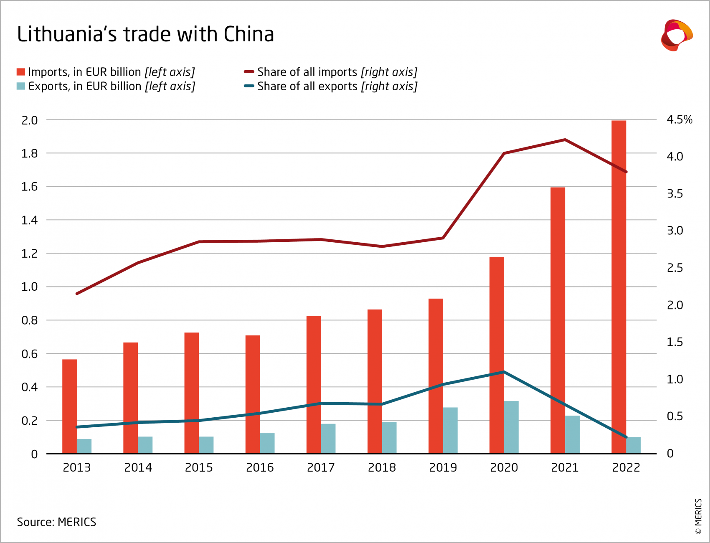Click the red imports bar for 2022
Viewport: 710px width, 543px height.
tap(619, 288)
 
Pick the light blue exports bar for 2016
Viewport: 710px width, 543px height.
tap(267, 443)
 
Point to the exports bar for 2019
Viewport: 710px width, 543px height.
tap(450, 430)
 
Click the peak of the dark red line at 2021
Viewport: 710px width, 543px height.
tap(565, 140)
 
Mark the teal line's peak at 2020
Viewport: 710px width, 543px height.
tap(504, 371)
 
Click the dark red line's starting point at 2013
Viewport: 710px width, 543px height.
tap(77, 294)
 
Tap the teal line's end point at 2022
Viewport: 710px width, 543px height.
tap(626, 437)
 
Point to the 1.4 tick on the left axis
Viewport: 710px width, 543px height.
tap(29, 220)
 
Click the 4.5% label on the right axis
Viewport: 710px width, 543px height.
tap(679, 120)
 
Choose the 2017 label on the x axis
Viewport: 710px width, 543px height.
tap(321, 467)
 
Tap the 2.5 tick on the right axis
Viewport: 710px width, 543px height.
tap(674, 268)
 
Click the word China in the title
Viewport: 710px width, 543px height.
tap(248, 34)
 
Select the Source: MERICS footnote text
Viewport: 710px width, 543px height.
tap(56, 522)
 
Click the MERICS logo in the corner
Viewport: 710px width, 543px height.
tap(676, 35)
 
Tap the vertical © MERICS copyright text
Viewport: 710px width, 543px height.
tap(698, 516)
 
